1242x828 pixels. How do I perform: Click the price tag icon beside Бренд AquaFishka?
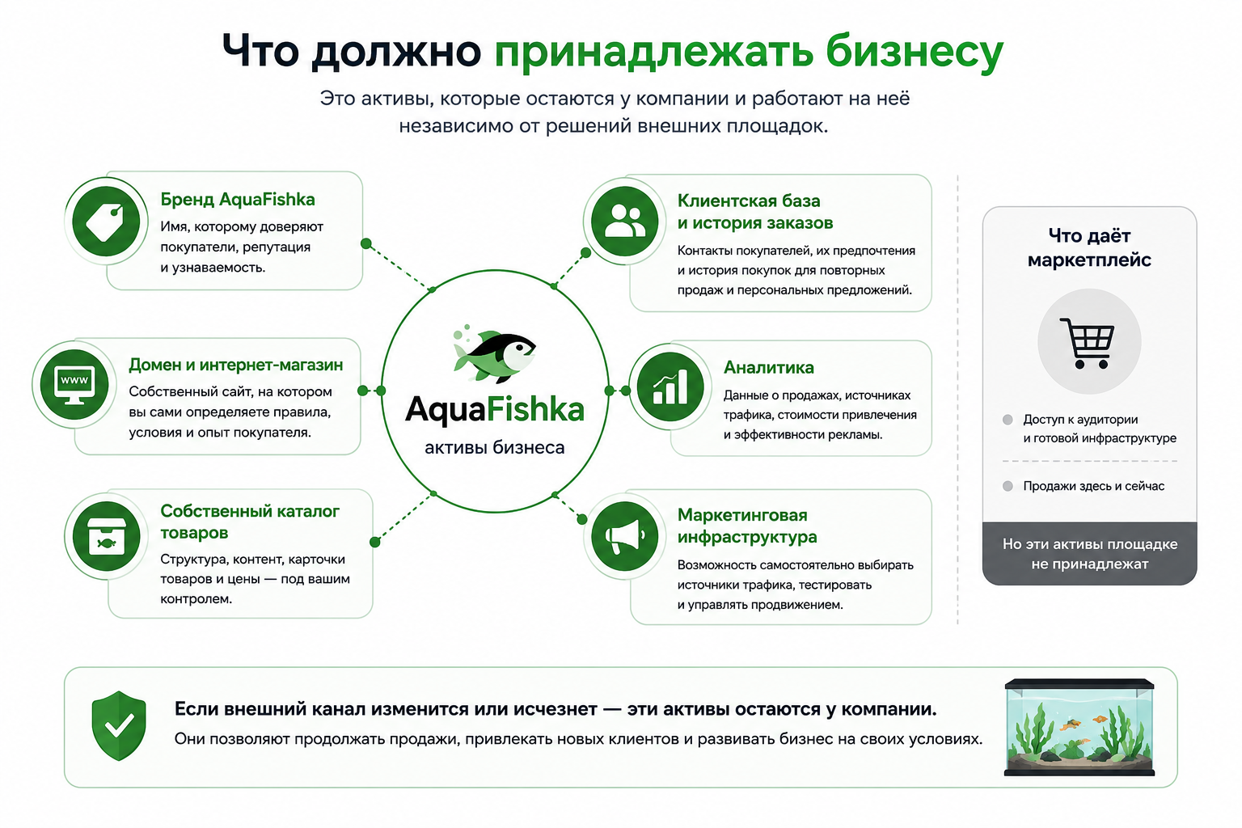coord(106,222)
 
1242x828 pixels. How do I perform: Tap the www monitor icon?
coord(74,385)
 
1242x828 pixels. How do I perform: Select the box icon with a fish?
coord(107,536)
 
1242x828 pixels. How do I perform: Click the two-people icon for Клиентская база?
coord(624,222)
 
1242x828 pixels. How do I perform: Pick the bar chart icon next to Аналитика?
coord(670,387)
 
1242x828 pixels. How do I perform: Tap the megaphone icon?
coord(624,536)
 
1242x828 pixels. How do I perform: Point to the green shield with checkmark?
coord(119,725)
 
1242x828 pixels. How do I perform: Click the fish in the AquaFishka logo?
coord(493,356)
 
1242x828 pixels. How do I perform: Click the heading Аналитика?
coord(768,367)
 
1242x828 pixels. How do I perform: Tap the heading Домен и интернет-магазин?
coord(235,365)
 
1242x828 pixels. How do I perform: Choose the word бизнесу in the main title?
coord(914,51)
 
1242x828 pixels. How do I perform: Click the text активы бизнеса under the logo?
coord(494,447)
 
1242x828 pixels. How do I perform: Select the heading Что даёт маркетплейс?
coord(1089,247)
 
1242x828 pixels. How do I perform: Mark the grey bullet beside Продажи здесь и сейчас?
coord(1008,487)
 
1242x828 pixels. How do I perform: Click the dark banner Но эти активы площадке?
coord(1089,553)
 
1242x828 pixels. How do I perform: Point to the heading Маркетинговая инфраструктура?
coord(747,526)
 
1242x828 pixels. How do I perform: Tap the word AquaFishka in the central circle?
coord(494,410)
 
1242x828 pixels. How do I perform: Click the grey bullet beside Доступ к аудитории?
coord(1008,420)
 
